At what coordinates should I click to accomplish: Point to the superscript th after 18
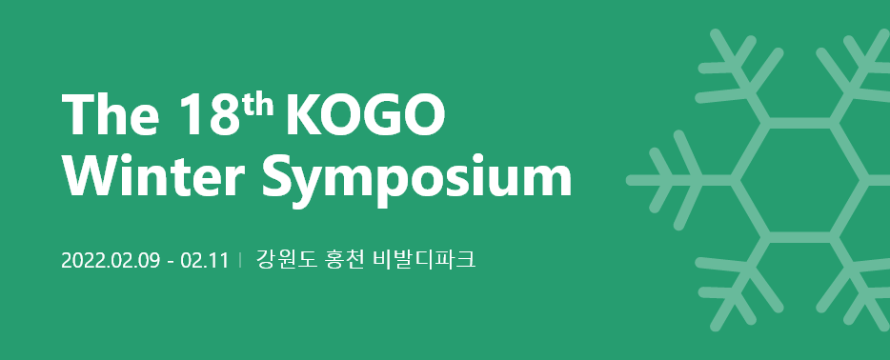coord(255,105)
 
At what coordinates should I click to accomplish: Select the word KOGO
coord(364,116)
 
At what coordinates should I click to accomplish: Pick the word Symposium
coord(415,178)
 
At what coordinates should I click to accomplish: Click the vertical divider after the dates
coord(241,260)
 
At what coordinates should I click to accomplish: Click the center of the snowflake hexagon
coord(801,178)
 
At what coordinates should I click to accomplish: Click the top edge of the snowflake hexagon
coord(801,122)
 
